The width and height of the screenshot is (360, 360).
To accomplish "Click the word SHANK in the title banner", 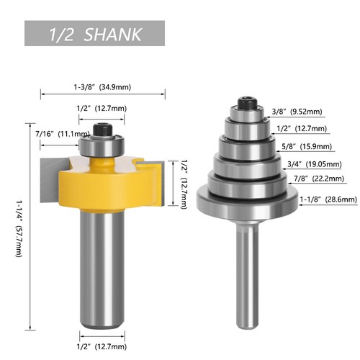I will click(x=114, y=34).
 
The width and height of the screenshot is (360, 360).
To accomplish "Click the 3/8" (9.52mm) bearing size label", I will click(x=297, y=112).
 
